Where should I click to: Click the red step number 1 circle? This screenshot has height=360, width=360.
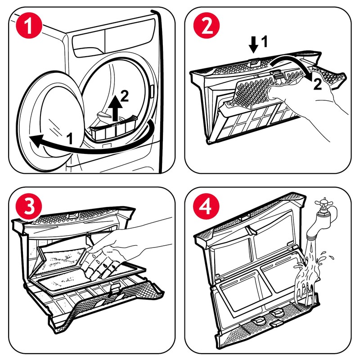29,25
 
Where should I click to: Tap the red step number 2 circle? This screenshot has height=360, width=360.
207,25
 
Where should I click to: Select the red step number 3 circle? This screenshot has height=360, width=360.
29,207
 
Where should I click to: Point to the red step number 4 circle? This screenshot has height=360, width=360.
206,207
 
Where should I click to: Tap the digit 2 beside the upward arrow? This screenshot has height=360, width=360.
125,96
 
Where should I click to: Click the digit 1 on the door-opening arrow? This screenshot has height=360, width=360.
70,139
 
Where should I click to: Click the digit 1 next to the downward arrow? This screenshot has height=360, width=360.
264,41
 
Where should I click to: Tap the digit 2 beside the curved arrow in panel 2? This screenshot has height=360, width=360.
317,84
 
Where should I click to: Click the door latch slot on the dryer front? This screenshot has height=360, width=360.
152,91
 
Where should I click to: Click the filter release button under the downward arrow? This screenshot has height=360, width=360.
254,62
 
